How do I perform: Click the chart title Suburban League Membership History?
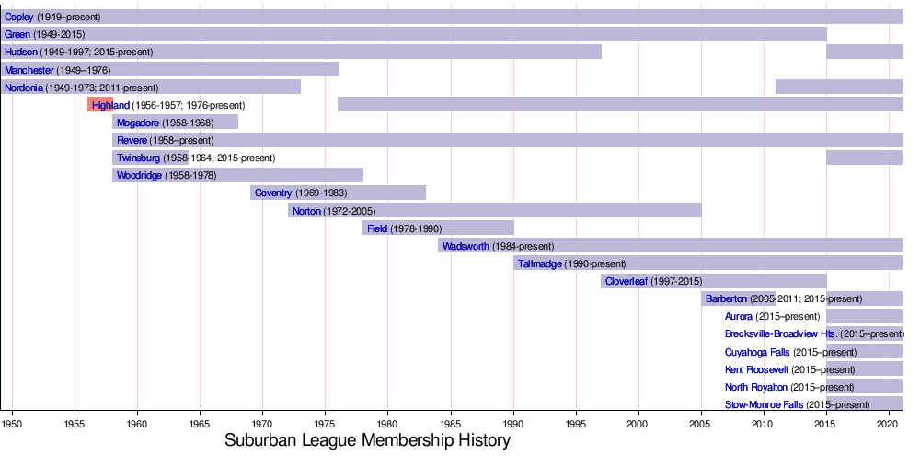pyautogui.click(x=367, y=440)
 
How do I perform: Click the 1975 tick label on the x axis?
pyautogui.click(x=325, y=424)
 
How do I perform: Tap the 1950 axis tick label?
pyautogui.click(x=12, y=424)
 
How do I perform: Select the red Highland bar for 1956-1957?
pyautogui.click(x=99, y=105)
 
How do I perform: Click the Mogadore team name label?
pyautogui.click(x=138, y=123)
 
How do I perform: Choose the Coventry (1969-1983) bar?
pyautogui.click(x=338, y=193)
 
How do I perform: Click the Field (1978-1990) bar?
pyautogui.click(x=438, y=228)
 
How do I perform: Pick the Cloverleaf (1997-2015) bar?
pyautogui.click(x=714, y=281)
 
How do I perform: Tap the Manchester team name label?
pyautogui.click(x=29, y=70)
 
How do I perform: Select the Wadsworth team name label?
pyautogui.click(x=466, y=246)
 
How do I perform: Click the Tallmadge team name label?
pyautogui.click(x=540, y=263)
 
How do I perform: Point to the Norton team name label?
pyautogui.click(x=306, y=211)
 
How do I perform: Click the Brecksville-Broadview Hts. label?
pyautogui.click(x=780, y=334)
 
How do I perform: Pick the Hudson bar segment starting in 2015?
pyautogui.click(x=864, y=52)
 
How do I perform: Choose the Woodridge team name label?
pyautogui.click(x=139, y=175)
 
